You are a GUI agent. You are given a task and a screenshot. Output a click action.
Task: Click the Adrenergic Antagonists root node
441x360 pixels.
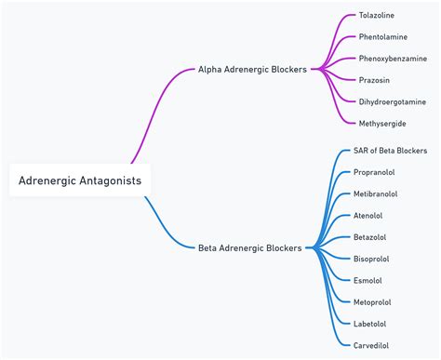coord(80,180)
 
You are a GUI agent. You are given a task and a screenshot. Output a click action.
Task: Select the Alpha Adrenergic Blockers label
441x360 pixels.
coord(252,69)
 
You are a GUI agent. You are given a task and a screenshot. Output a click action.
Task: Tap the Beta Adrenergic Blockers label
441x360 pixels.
coord(250,247)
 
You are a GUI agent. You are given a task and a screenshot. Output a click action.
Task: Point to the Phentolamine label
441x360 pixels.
coord(383,37)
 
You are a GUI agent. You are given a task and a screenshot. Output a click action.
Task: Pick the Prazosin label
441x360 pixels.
coord(374,80)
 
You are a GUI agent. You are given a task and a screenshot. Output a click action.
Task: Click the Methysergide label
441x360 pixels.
coord(382,123)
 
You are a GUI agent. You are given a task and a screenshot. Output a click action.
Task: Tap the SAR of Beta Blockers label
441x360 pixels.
coord(391,151)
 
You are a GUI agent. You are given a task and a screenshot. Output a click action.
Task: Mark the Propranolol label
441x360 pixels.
coord(375,172)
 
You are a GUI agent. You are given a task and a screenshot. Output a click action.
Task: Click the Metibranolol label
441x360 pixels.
coord(376,193)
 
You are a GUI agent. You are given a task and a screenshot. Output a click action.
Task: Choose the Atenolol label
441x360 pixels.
coord(368,216)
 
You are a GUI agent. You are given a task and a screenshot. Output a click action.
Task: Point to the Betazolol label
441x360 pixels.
coord(370,237)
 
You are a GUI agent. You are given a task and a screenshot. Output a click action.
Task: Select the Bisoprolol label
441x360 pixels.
coord(372,259)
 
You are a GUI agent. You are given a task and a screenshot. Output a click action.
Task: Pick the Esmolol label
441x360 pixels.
coord(367,280)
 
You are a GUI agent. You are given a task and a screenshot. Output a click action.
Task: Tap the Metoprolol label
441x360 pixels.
coord(372,301)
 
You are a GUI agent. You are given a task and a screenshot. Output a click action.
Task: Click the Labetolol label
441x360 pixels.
coord(370,324)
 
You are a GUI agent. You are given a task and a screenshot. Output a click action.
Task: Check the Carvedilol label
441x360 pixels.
coord(371,345)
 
